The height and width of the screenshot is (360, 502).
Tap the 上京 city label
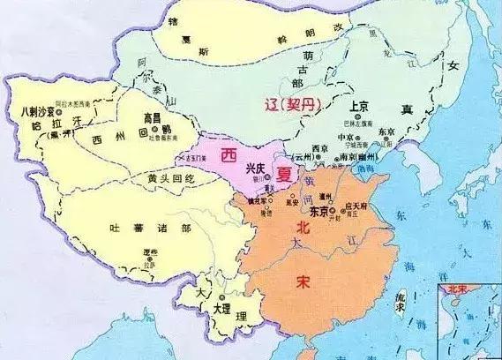click(x=359, y=104)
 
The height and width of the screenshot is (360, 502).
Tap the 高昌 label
click(x=155, y=116)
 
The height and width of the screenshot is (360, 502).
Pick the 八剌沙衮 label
click(x=34, y=114)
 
